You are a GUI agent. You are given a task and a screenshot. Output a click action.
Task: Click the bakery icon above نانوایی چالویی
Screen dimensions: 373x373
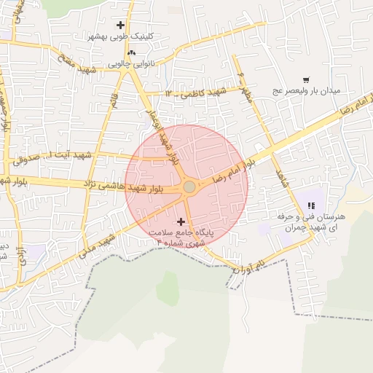131,53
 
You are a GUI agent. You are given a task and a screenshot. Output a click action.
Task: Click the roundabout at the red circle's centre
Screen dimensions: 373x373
189,187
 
